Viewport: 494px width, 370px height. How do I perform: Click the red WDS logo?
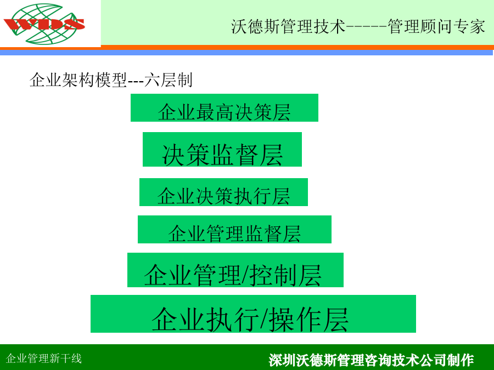[x=44, y=24]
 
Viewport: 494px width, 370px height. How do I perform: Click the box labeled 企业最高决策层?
[x=224, y=107]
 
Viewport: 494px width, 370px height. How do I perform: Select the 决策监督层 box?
[x=222, y=149]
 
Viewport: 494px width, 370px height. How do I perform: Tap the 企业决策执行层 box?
[x=224, y=192]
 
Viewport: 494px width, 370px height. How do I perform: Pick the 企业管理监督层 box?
[x=234, y=229]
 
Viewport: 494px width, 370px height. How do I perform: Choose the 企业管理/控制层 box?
[x=235, y=270]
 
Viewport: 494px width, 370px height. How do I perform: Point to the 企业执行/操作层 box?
[x=253, y=314]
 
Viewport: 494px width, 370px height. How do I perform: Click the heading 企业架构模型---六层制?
[x=111, y=80]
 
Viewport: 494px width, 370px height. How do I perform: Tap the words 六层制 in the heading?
[x=169, y=80]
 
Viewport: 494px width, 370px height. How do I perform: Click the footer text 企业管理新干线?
[x=44, y=358]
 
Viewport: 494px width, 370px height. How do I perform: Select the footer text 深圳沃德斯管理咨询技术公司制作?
[x=371, y=360]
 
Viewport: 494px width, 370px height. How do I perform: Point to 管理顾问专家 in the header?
[x=436, y=26]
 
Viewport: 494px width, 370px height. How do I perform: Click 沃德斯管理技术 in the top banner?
[x=288, y=26]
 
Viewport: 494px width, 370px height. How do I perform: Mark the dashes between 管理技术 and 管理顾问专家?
[x=367, y=27]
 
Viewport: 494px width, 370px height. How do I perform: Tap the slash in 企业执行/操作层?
[x=263, y=319]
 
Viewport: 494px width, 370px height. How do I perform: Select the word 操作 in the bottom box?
[x=295, y=320]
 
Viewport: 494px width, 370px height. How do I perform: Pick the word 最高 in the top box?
[x=215, y=112]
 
